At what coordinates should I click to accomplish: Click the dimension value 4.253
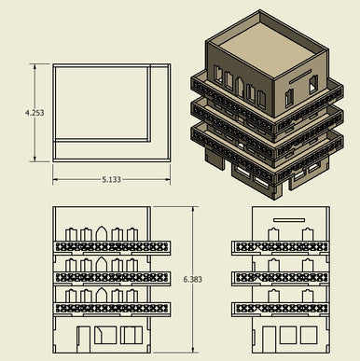point(35,113)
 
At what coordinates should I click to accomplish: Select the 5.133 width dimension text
point(111,180)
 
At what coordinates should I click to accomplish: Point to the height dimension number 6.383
point(193,279)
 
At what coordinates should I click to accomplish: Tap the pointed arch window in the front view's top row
point(102,233)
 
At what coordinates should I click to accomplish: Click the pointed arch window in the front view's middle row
point(102,264)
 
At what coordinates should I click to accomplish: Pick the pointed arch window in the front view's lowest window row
point(102,295)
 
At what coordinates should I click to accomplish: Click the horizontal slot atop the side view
point(289,220)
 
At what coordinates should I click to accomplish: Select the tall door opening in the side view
point(269,340)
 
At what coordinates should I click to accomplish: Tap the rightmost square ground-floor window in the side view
point(309,335)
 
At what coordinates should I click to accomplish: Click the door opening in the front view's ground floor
point(84,340)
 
